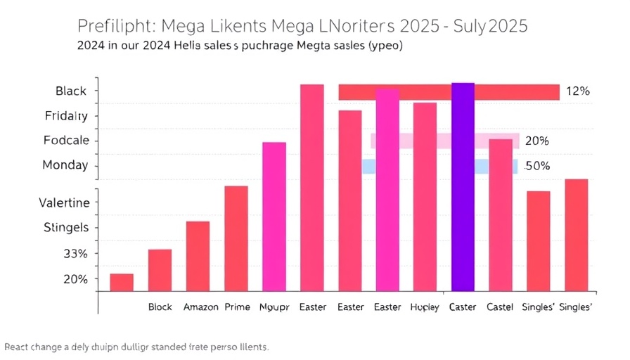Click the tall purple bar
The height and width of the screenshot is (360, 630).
click(463, 187)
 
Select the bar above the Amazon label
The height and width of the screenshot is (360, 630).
click(198, 256)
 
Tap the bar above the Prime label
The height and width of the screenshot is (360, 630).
click(236, 238)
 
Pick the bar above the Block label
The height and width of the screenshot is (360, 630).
click(160, 270)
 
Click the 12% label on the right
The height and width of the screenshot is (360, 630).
click(577, 91)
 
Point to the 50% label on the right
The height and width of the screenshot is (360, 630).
click(537, 166)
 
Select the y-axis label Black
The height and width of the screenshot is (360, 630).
click(71, 91)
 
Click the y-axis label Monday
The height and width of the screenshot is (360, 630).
click(65, 165)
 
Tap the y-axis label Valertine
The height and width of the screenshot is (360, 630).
click(64, 202)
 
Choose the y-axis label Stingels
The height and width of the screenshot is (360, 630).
click(66, 227)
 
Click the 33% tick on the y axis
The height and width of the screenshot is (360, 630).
click(75, 253)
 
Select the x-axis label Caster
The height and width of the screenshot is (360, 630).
click(463, 307)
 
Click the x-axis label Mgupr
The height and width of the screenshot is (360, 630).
click(274, 307)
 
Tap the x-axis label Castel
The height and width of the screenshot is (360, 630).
click(500, 307)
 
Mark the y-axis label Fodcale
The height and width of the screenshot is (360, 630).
click(66, 140)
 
